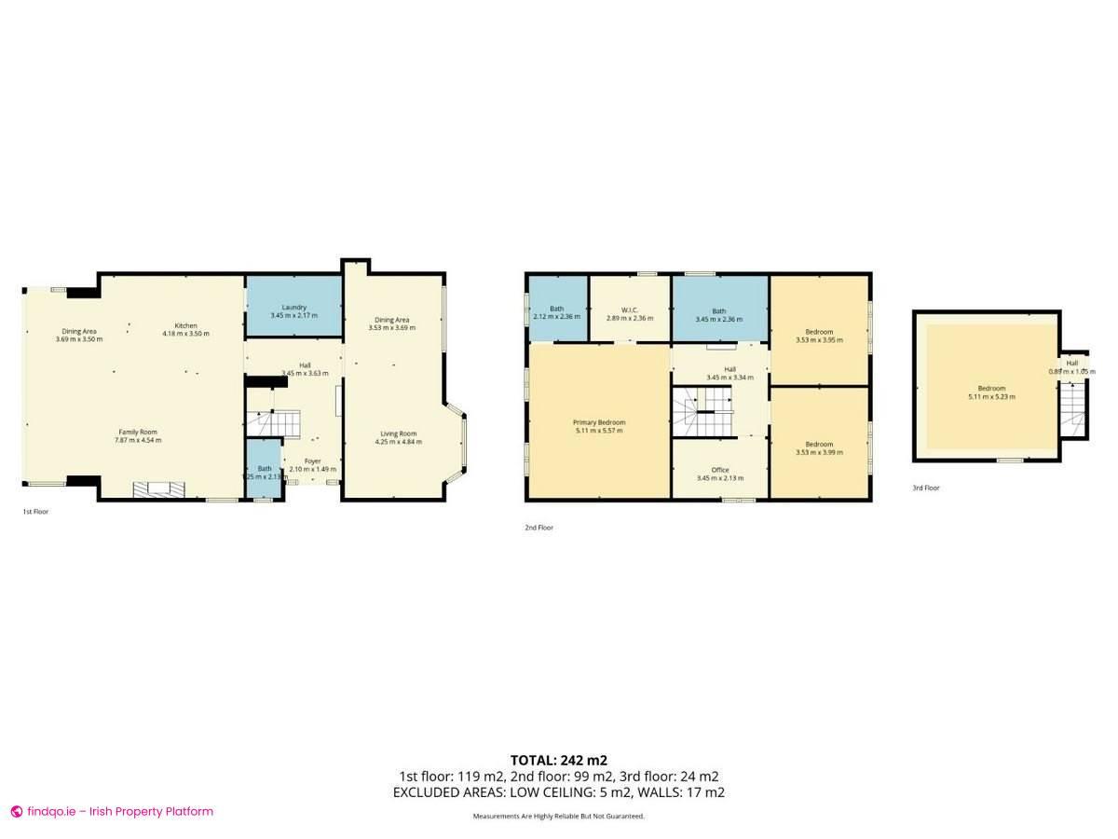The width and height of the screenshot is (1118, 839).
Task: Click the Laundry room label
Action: pyautogui.click(x=293, y=311)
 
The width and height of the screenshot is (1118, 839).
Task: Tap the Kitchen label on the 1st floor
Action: pyautogui.click(x=185, y=329)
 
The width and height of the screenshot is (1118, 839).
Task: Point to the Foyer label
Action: pyautogui.click(x=312, y=464)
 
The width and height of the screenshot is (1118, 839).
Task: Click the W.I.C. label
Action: pyautogui.click(x=629, y=312)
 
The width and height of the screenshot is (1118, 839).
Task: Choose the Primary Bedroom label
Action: pyautogui.click(x=599, y=426)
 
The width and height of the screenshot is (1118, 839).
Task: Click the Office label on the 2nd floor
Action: pyautogui.click(x=719, y=474)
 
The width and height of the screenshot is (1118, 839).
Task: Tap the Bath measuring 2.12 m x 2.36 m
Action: pyautogui.click(x=557, y=312)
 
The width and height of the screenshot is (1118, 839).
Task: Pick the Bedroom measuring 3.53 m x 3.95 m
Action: pyautogui.click(x=819, y=336)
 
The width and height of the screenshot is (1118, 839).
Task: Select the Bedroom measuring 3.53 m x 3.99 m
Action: pyautogui.click(x=819, y=447)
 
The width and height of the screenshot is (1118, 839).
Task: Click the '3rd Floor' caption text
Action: pyautogui.click(x=926, y=488)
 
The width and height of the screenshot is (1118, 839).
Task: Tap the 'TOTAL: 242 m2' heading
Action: pyautogui.click(x=558, y=760)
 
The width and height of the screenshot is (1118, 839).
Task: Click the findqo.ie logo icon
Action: pyautogui.click(x=17, y=811)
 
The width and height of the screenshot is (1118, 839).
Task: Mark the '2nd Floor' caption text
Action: pyautogui.click(x=539, y=528)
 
